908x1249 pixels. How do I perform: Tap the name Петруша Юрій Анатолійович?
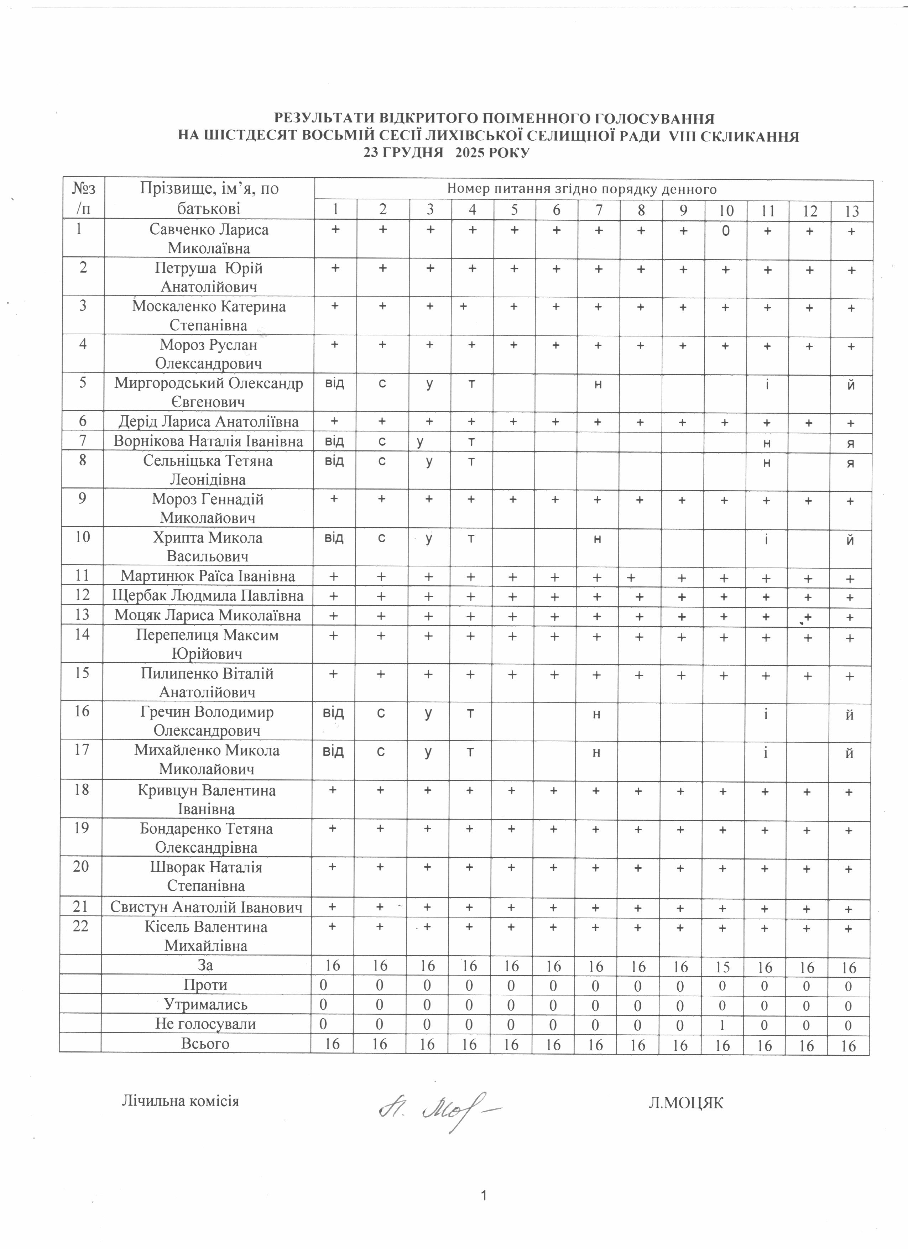click(x=209, y=277)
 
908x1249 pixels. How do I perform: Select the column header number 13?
click(x=851, y=211)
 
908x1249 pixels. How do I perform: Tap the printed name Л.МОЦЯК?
click(x=685, y=1103)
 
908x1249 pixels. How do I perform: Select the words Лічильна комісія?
click(x=180, y=1101)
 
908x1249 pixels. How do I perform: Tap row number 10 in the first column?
click(x=82, y=537)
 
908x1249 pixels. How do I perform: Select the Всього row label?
click(x=205, y=1043)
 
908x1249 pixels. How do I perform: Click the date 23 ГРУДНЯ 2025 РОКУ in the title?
click(x=446, y=152)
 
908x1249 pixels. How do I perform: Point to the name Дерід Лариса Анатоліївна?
click(x=209, y=422)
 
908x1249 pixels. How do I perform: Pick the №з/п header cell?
click(x=83, y=198)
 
